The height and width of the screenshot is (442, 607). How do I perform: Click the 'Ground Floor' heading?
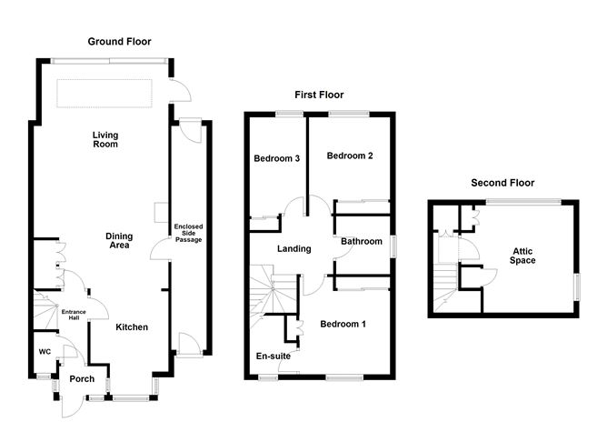[x=119, y=42]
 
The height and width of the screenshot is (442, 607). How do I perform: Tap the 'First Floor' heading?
[x=319, y=95]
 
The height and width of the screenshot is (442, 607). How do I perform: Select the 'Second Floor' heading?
[x=502, y=183]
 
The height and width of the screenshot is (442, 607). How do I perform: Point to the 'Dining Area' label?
[x=119, y=241]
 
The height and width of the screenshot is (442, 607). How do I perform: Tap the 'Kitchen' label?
[x=131, y=327]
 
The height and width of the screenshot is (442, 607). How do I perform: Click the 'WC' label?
[x=44, y=351]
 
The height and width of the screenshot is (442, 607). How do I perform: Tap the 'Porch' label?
[x=82, y=379]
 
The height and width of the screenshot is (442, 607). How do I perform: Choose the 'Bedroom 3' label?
[x=276, y=158]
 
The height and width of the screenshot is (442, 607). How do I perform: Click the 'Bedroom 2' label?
[x=350, y=156]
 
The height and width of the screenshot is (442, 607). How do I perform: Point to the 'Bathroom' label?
[x=361, y=242]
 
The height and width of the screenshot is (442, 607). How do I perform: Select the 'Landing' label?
[x=294, y=249]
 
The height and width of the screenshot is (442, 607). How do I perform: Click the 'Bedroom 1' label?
[x=343, y=324]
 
